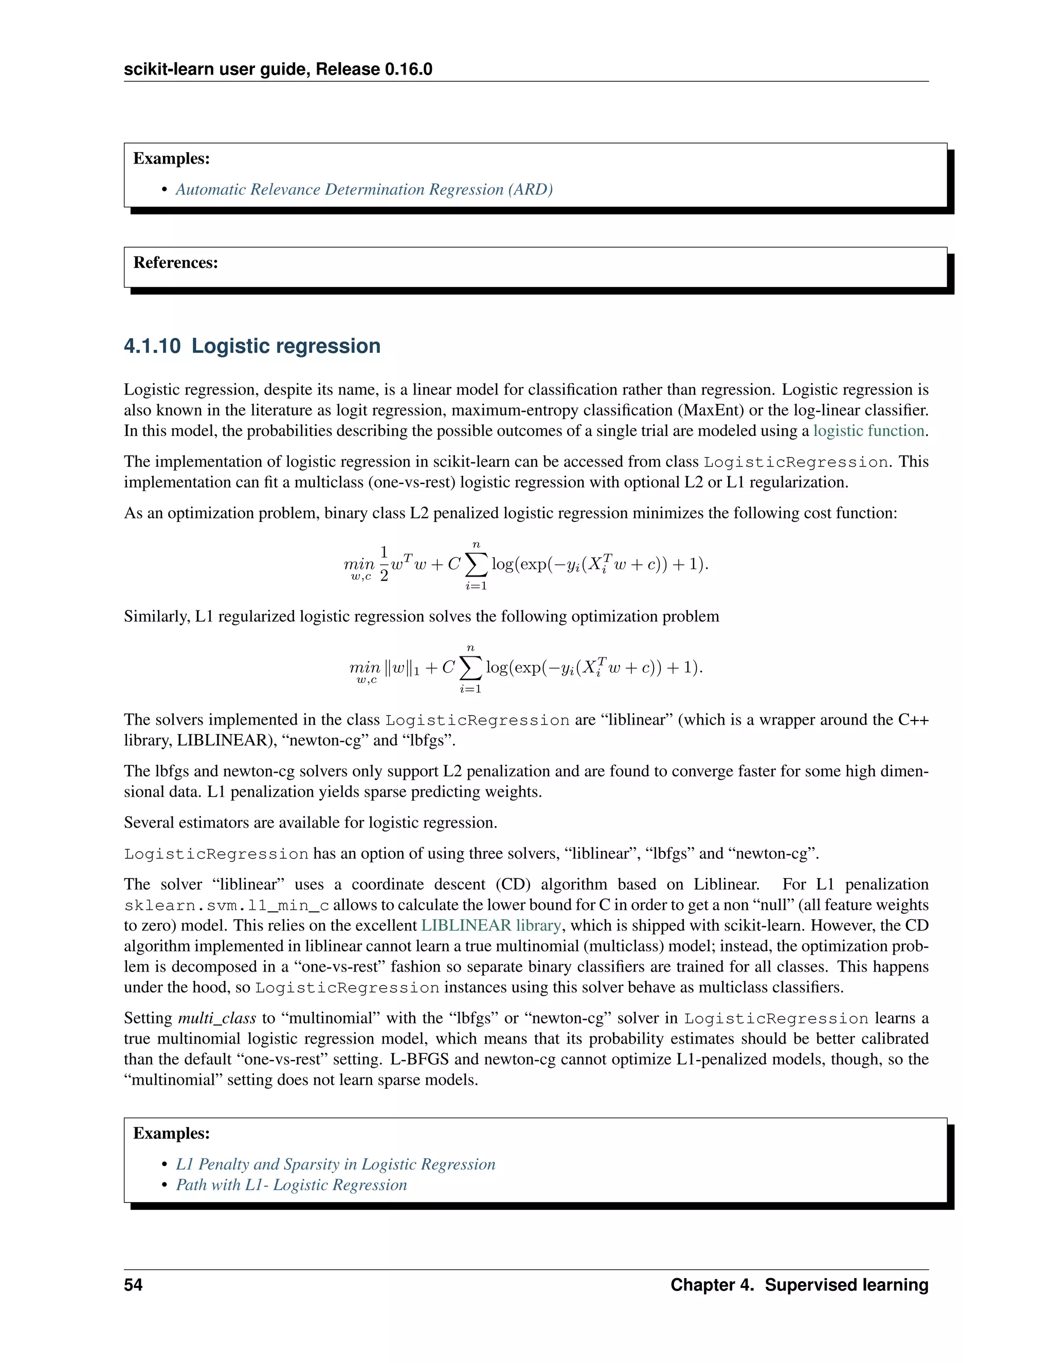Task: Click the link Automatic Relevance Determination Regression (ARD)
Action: [364, 189]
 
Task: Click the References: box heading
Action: [175, 263]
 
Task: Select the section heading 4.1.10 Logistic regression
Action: [252, 346]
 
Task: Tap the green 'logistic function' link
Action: [868, 431]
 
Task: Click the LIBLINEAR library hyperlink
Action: [491, 925]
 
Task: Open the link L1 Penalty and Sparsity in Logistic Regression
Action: [335, 1164]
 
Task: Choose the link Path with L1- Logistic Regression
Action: [291, 1185]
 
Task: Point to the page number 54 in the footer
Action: [133, 1284]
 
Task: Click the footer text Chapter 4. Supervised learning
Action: [799, 1284]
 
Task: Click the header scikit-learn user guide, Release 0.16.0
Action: [278, 69]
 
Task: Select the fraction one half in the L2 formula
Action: [384, 564]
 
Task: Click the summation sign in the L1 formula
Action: [470, 669]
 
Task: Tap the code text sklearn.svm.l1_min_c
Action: [226, 906]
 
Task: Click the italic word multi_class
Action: [217, 1018]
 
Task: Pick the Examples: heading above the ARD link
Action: [172, 158]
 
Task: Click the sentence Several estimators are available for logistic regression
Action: [310, 822]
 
